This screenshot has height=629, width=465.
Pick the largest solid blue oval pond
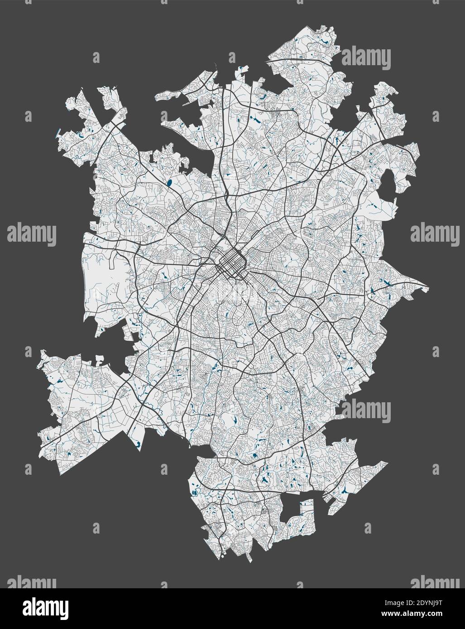pos(169,183)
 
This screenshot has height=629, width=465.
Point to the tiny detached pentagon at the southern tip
pos(223,553)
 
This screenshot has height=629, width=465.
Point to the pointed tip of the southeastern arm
pos(387,462)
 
